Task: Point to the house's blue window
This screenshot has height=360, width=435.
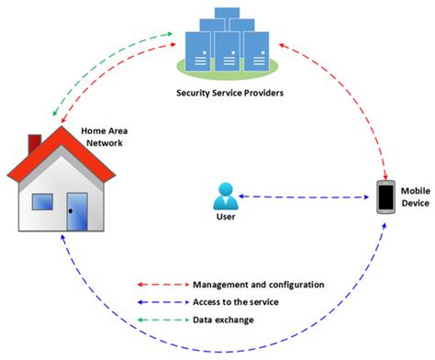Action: point(42,202)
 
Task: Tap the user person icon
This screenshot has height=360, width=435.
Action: point(224,195)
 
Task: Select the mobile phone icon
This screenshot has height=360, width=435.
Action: point(385,197)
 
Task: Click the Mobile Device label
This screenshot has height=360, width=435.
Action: point(415,197)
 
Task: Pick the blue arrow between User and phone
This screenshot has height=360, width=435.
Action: point(307,197)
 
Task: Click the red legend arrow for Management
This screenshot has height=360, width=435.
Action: point(161,285)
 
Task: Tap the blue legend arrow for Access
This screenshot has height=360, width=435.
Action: point(161,301)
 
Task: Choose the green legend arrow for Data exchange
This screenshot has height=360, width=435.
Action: point(161,319)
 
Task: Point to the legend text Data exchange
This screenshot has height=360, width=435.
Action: point(224,319)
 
